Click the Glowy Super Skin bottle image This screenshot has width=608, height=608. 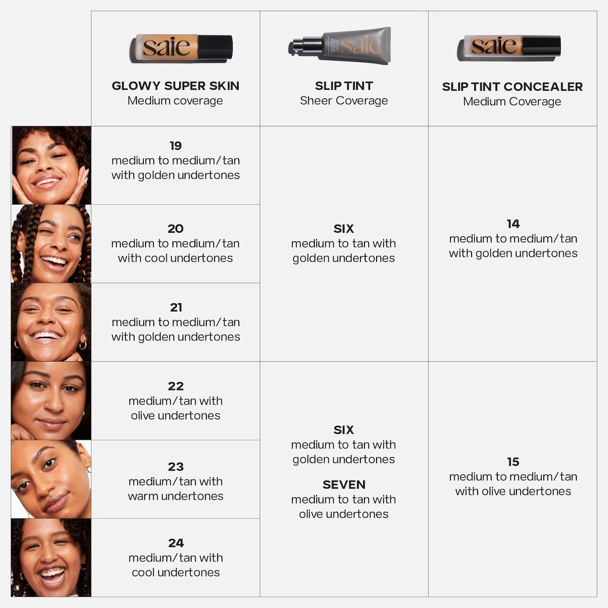pos(181,48)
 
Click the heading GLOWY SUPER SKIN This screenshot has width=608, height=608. pos(175,86)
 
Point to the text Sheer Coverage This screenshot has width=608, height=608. pos(344,101)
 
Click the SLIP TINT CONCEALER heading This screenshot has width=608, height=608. pos(512,87)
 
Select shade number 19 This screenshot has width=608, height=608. pos(175,146)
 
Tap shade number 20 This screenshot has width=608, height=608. pos(175,229)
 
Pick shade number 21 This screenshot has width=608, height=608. pos(176,307)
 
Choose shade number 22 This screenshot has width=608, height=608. pos(175,386)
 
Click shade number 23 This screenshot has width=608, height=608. pos(175,467)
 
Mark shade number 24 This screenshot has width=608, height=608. pos(175,543)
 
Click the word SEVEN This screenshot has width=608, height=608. pos(344,485)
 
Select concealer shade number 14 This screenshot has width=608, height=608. pos(513,224)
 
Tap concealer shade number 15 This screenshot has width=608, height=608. pos(513,462)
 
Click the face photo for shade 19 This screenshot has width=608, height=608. pos(51,165)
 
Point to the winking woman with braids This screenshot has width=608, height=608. pos(51,244)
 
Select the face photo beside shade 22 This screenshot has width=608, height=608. pos(51,400)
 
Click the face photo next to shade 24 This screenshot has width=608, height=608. pos(51,557)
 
